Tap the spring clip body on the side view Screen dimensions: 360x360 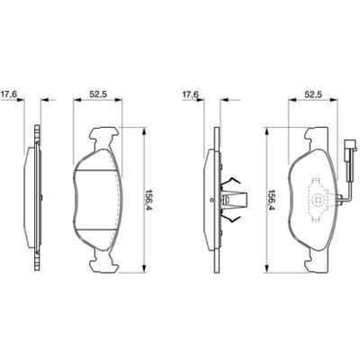pyautogui.click(x=235, y=200)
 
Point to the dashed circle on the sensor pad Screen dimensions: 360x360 pyautogui.click(x=318, y=200)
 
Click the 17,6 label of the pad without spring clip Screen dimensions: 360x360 pyautogui.click(x=9, y=94)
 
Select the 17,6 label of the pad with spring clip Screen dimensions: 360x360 pyautogui.click(x=191, y=94)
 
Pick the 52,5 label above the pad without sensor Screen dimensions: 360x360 pyautogui.click(x=98, y=94)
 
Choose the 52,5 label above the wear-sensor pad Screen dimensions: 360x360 pyautogui.click(x=313, y=94)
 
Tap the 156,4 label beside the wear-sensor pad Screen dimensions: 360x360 pyautogui.click(x=272, y=200)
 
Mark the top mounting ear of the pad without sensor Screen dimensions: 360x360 pyautogui.click(x=103, y=137)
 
